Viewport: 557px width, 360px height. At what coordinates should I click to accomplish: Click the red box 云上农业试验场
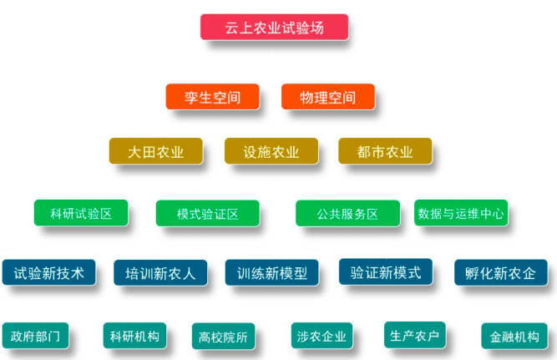point(274,28)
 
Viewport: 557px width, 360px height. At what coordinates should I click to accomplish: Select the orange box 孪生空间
point(212,97)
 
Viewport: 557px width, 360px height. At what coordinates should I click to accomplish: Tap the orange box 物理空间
point(327,97)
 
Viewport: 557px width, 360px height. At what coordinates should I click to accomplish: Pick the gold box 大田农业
point(156,152)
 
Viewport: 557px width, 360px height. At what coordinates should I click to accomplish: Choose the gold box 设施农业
point(271,152)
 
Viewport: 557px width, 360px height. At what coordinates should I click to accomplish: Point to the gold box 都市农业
point(385,152)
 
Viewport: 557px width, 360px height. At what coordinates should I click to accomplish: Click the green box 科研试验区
point(81,213)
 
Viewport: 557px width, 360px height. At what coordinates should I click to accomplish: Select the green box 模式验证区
point(207,213)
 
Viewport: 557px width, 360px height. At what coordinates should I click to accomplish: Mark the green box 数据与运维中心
point(460,213)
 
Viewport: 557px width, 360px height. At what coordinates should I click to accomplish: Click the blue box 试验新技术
point(48,272)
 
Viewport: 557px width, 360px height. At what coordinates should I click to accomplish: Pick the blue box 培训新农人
point(160,272)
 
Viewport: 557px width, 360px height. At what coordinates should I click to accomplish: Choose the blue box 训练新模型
point(271,272)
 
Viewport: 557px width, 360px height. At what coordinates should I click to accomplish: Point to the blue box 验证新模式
point(385,271)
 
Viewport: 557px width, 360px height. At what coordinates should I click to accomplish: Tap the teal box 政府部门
point(35,336)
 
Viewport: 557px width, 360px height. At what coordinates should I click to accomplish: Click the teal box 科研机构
point(134,336)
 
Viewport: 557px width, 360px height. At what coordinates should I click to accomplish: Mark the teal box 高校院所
point(223,337)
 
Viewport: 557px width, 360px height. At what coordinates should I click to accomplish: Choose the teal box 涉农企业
point(322,337)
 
